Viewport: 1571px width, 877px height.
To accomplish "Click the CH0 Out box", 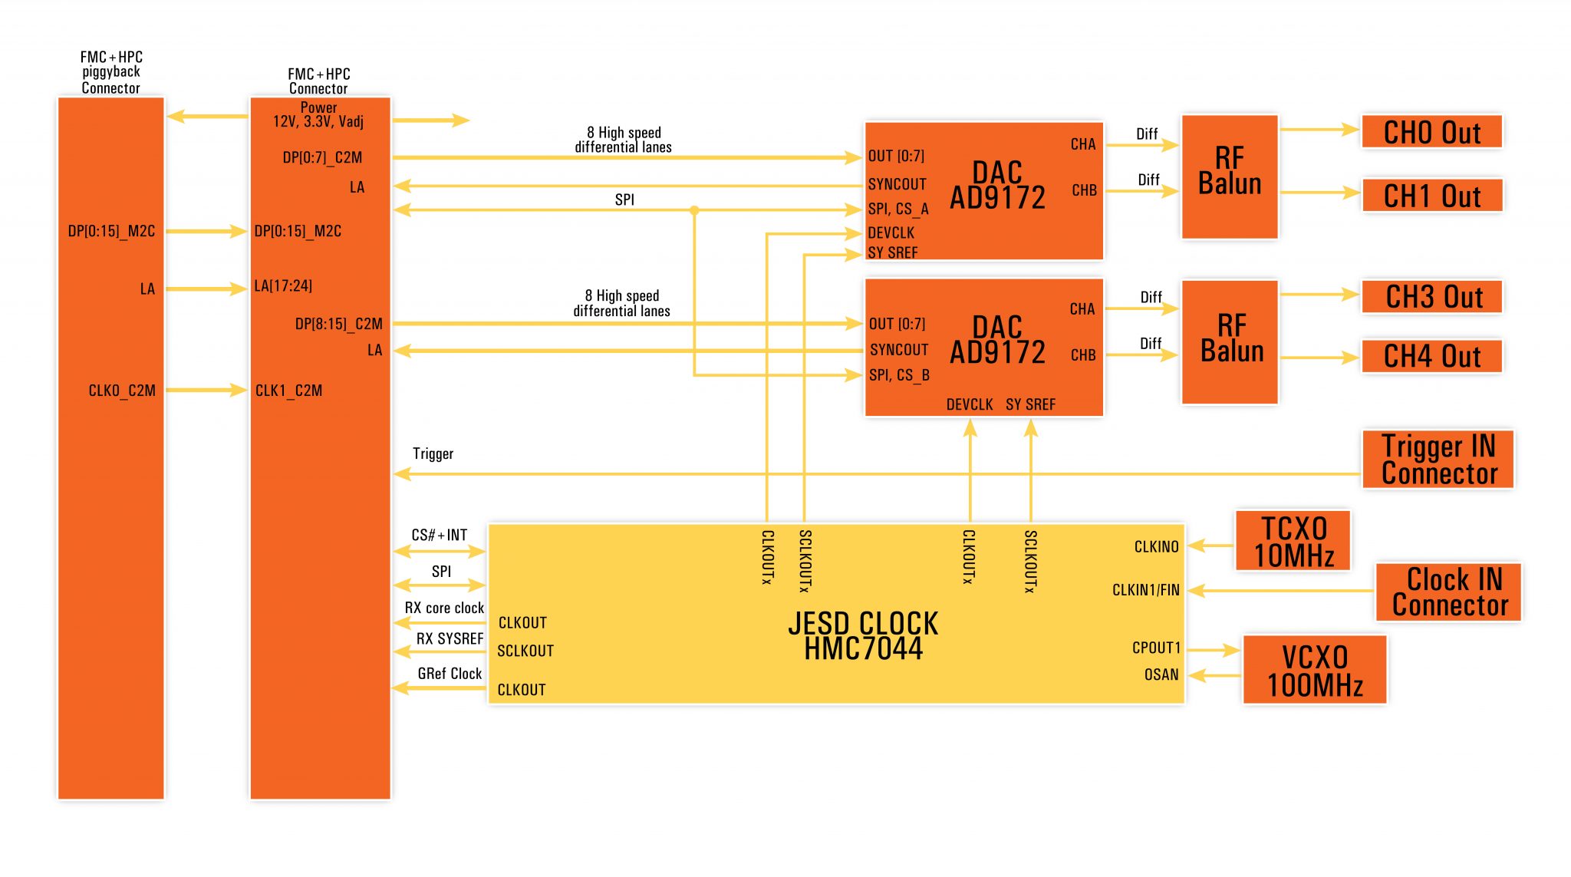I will click(x=1431, y=133).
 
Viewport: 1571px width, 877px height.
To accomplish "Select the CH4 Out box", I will click(x=1431, y=357).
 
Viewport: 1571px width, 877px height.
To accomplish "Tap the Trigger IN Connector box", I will click(x=1438, y=460).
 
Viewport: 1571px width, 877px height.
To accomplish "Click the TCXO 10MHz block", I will click(x=1293, y=542).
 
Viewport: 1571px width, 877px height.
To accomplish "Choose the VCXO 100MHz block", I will click(x=1314, y=671).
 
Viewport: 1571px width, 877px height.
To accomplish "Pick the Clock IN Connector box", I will click(x=1448, y=592).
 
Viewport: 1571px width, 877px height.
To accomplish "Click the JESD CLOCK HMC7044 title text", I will click(x=863, y=636).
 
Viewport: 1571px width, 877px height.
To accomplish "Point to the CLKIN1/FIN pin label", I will click(x=1145, y=590).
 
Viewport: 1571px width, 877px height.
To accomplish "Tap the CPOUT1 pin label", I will click(x=1156, y=648).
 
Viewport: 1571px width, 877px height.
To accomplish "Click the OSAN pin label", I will click(x=1161, y=675).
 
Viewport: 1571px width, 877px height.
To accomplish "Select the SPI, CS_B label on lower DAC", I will click(x=899, y=375).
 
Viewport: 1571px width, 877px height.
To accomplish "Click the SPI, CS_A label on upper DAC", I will click(x=898, y=209).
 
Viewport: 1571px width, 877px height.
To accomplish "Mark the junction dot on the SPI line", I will click(x=694, y=210).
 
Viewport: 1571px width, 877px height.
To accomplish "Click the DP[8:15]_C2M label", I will click(x=338, y=324).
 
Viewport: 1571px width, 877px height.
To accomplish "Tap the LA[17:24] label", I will click(x=283, y=286).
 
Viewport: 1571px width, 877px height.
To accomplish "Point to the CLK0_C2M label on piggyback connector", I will click(x=122, y=391).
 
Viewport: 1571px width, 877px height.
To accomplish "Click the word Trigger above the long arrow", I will click(x=433, y=454).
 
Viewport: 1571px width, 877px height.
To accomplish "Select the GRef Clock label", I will click(x=450, y=674).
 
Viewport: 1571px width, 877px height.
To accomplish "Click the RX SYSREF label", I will click(x=450, y=638).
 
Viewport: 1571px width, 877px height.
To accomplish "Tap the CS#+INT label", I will click(x=439, y=535).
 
